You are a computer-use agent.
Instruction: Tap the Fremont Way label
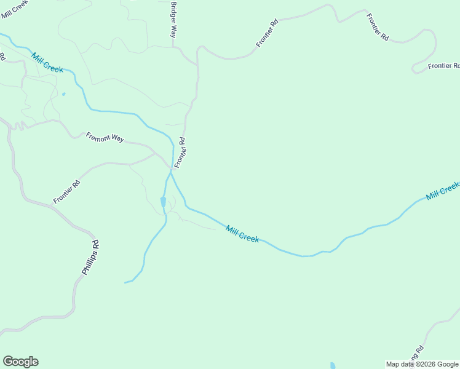pyautogui.click(x=105, y=138)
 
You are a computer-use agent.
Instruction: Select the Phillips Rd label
pyautogui.click(x=90, y=257)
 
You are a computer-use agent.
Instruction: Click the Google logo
pyautogui.click(x=20, y=362)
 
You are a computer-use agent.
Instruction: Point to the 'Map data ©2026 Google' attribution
pyautogui.click(x=422, y=364)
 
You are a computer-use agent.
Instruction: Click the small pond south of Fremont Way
pyautogui.click(x=163, y=202)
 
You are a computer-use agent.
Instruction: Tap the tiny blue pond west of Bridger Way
pyautogui.click(x=63, y=94)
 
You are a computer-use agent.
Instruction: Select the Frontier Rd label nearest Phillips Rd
pyautogui.click(x=67, y=192)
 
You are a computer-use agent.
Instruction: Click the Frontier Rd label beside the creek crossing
pyautogui.click(x=180, y=153)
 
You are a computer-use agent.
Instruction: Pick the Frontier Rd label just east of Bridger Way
pyautogui.click(x=268, y=33)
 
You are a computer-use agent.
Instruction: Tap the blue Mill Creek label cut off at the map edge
pyautogui.click(x=443, y=191)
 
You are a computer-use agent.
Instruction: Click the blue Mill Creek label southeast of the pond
pyautogui.click(x=242, y=234)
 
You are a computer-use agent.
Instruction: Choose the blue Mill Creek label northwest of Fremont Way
pyautogui.click(x=47, y=62)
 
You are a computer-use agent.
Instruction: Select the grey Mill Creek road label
pyautogui.click(x=15, y=6)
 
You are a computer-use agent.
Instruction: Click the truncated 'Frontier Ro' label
pyautogui.click(x=444, y=66)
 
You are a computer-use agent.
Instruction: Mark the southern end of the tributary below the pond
pyautogui.click(x=125, y=282)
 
